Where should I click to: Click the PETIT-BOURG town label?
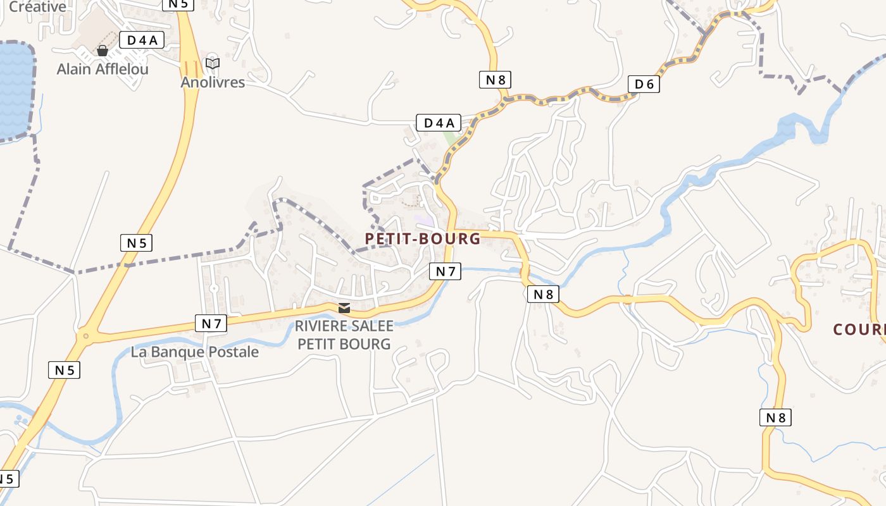pos(423,238)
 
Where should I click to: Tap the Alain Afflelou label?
pos(103,69)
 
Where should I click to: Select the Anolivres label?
pos(213,82)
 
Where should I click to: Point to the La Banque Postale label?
pos(195,352)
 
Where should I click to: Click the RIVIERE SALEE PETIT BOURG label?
pos(344,335)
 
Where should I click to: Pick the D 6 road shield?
pos(644,84)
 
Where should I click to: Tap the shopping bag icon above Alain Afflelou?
pos(103,51)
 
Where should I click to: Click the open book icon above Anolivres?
pos(213,64)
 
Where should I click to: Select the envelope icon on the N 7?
pos(344,308)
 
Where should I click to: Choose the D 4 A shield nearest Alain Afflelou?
pos(142,40)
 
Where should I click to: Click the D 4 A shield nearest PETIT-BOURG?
pos(438,123)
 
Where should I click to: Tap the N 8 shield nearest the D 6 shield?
pos(494,80)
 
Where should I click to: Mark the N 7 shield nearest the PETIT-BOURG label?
pos(445,271)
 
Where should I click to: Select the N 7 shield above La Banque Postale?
pos(211,323)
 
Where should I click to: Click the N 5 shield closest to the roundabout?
pos(64,370)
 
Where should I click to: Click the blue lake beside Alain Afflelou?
pos(14,89)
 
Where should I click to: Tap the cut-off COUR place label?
pos(859,330)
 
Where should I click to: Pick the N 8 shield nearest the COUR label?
pos(775,417)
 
